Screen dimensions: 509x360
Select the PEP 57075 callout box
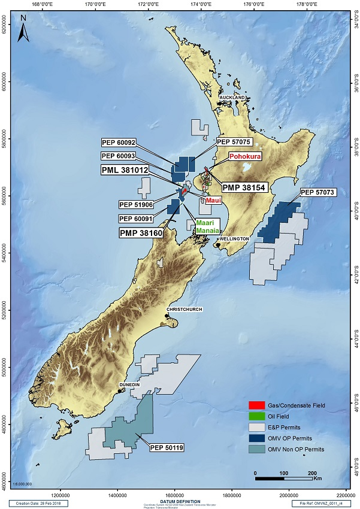[234, 142]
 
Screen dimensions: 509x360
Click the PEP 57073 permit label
[317, 192]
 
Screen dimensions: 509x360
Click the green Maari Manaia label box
[207, 226]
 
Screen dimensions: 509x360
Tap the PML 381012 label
[124, 170]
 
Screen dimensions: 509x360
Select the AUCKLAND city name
[232, 96]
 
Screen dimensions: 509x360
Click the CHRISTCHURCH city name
[185, 310]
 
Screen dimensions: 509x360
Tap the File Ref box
[324, 503]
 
